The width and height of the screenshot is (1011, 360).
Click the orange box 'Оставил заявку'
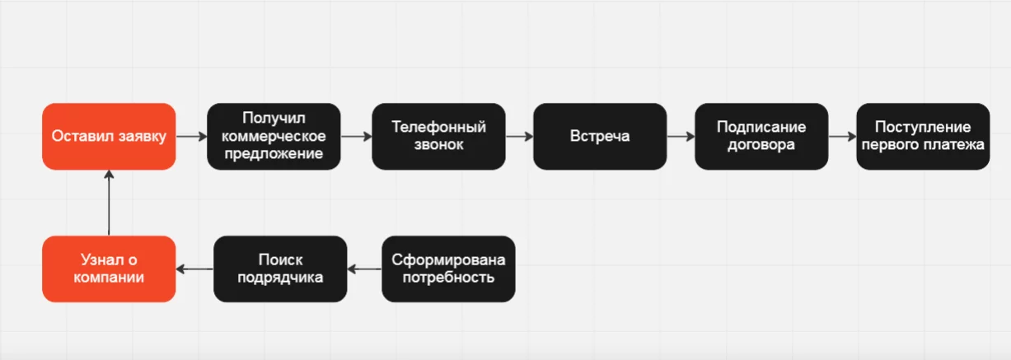[109, 136]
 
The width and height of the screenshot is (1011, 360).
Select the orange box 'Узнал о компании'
[109, 269]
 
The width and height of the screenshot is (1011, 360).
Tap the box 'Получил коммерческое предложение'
[274, 136]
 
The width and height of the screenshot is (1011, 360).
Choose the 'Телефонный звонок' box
[438, 136]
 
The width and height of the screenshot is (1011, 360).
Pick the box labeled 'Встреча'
[600, 136]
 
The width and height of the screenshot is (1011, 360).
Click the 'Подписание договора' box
[761, 136]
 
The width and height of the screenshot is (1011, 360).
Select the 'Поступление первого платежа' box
[923, 136]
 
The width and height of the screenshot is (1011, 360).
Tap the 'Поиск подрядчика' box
[280, 269]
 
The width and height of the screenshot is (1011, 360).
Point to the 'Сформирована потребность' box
[448, 269]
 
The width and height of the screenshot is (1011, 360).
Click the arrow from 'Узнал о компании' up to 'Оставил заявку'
[109, 203]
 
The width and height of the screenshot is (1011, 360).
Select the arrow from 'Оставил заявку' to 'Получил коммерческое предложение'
[191, 136]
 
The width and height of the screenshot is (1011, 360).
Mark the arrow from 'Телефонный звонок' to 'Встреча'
[519, 136]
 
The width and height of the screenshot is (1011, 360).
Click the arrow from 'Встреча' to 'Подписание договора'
[681, 136]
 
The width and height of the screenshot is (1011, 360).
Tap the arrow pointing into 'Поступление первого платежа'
[842, 136]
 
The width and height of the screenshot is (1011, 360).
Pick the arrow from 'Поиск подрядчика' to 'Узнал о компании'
[194, 269]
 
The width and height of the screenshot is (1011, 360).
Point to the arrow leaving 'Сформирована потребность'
[364, 269]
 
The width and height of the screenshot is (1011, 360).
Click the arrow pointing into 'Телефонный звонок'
[356, 136]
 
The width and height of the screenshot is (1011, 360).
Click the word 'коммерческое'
[274, 136]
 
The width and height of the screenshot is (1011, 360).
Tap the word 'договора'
[761, 145]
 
